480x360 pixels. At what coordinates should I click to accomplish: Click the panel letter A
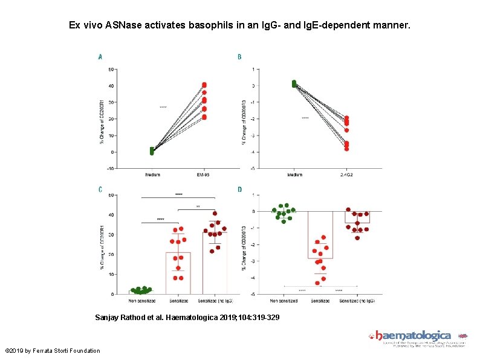(100, 57)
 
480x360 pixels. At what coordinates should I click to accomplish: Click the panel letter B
(239, 57)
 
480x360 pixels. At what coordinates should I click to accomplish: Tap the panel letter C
(100, 189)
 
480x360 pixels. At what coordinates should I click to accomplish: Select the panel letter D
(239, 189)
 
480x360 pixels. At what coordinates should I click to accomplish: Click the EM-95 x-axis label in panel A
(204, 175)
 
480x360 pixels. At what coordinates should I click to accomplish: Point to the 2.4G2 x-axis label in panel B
(346, 175)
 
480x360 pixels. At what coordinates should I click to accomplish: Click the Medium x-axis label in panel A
(152, 175)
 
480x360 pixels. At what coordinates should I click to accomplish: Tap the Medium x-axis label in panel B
(294, 175)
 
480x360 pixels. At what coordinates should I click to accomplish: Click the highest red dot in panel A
(204, 85)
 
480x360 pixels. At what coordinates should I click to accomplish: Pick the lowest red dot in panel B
(346, 148)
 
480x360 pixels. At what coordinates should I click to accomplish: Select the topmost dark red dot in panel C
(215, 214)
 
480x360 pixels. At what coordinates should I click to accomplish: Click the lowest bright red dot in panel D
(317, 283)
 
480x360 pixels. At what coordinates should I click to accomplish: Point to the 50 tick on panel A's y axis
(111, 69)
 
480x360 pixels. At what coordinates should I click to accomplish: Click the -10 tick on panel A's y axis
(111, 168)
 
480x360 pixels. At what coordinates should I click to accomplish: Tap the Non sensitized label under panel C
(143, 300)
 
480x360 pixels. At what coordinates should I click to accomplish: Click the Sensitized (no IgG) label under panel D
(358, 300)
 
